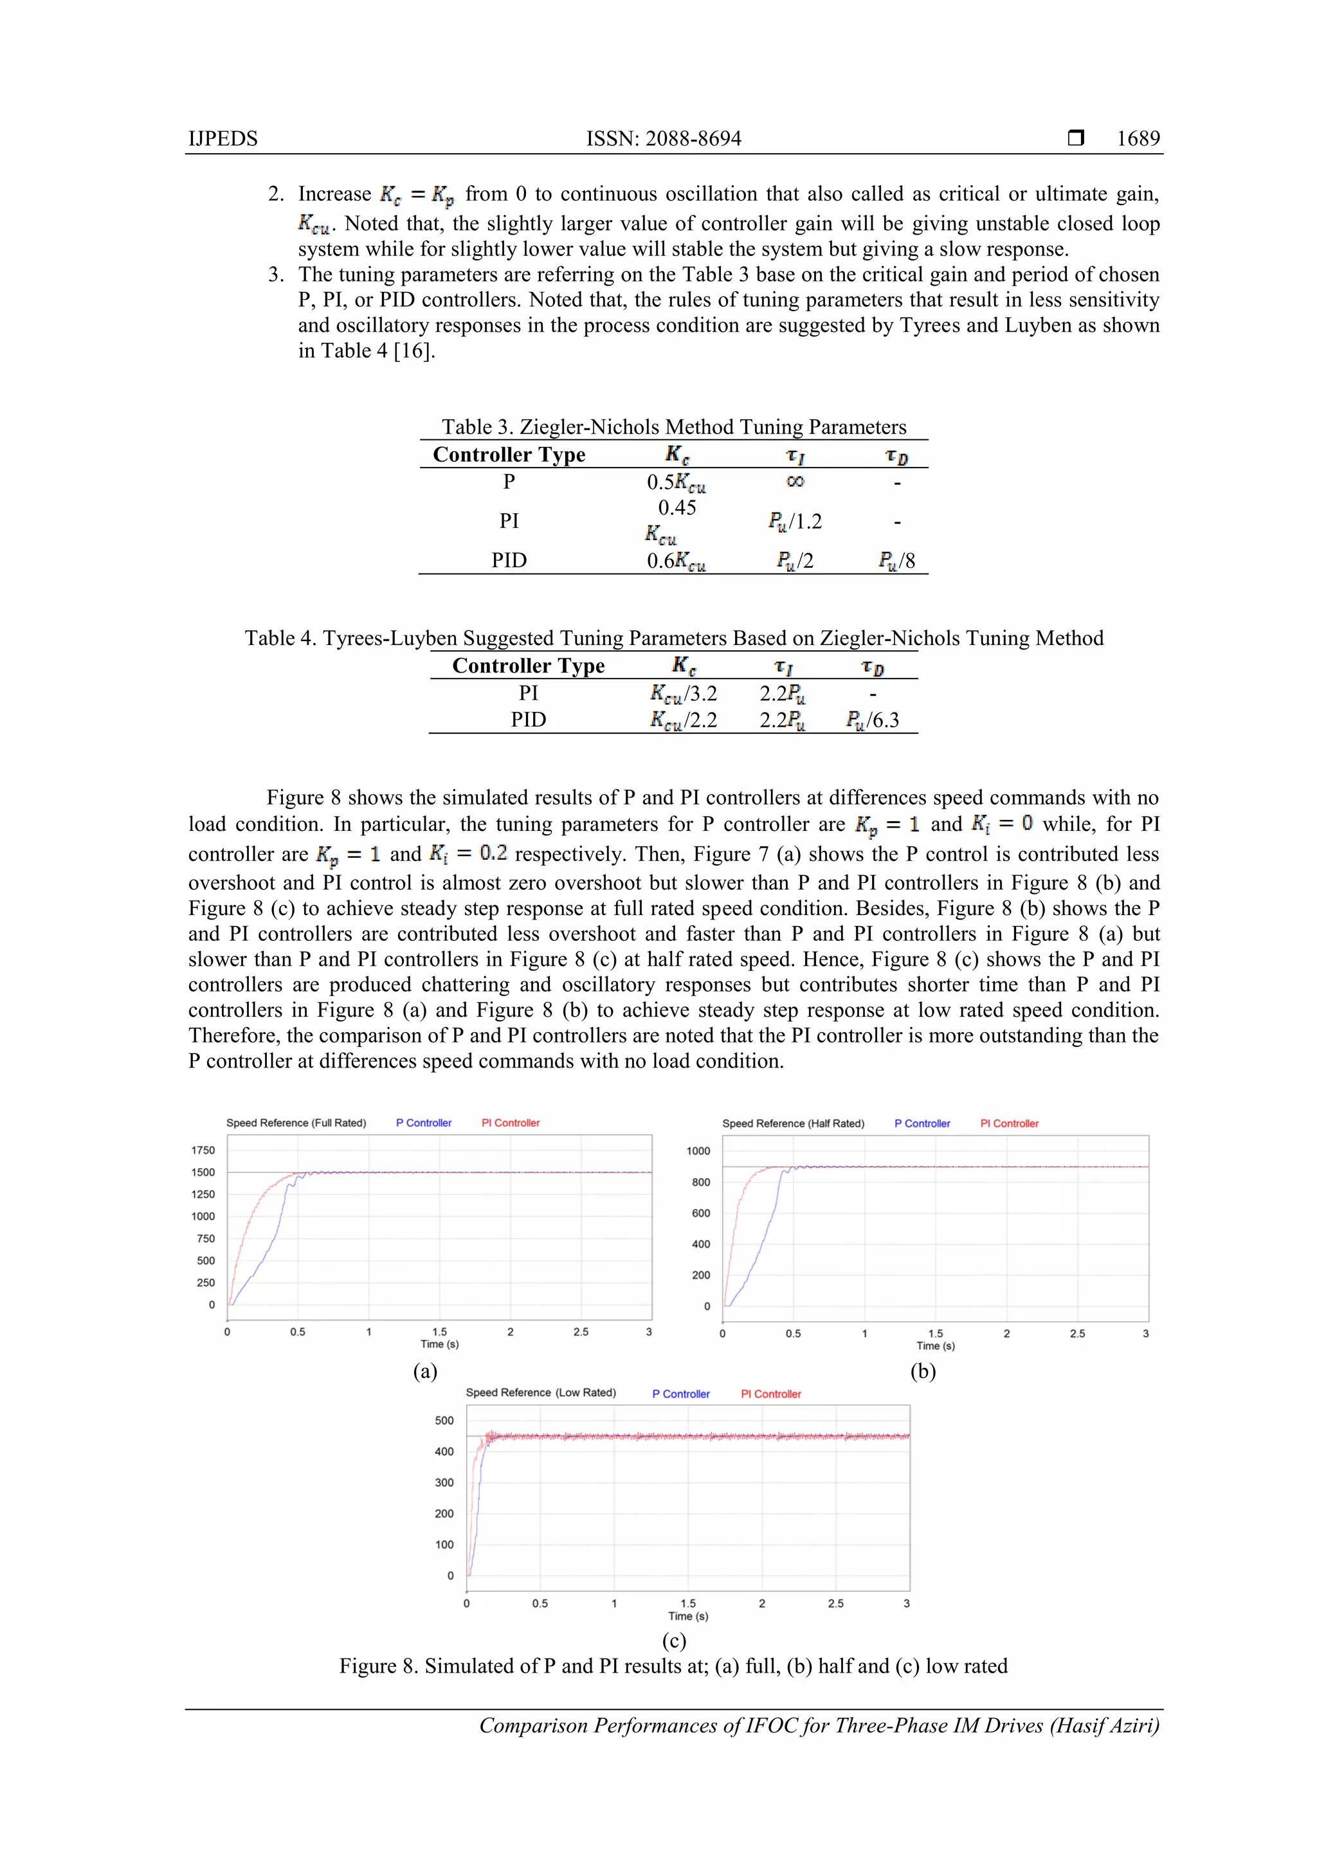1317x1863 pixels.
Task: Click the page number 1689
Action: click(1138, 139)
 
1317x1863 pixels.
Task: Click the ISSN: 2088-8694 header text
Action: click(663, 139)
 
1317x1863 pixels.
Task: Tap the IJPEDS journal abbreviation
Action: click(223, 139)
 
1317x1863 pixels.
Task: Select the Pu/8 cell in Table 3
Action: click(896, 561)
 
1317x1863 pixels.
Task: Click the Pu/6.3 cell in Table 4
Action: click(873, 720)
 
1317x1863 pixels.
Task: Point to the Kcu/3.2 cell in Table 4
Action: click(683, 694)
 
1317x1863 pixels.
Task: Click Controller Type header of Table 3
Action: click(509, 455)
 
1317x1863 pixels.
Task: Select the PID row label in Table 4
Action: click(528, 720)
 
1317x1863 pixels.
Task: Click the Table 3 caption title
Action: click(673, 427)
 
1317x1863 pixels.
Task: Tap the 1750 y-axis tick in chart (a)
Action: click(203, 1150)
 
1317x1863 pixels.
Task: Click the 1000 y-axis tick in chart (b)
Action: click(698, 1150)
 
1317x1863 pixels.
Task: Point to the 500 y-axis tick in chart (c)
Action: click(444, 1420)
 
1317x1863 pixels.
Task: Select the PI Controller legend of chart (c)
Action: click(770, 1394)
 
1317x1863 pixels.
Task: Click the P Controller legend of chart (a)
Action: click(424, 1123)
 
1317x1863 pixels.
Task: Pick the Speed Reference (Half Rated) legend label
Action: click(793, 1124)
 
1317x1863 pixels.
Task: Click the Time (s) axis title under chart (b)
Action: click(935, 1345)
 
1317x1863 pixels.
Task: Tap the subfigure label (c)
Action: click(673, 1640)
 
